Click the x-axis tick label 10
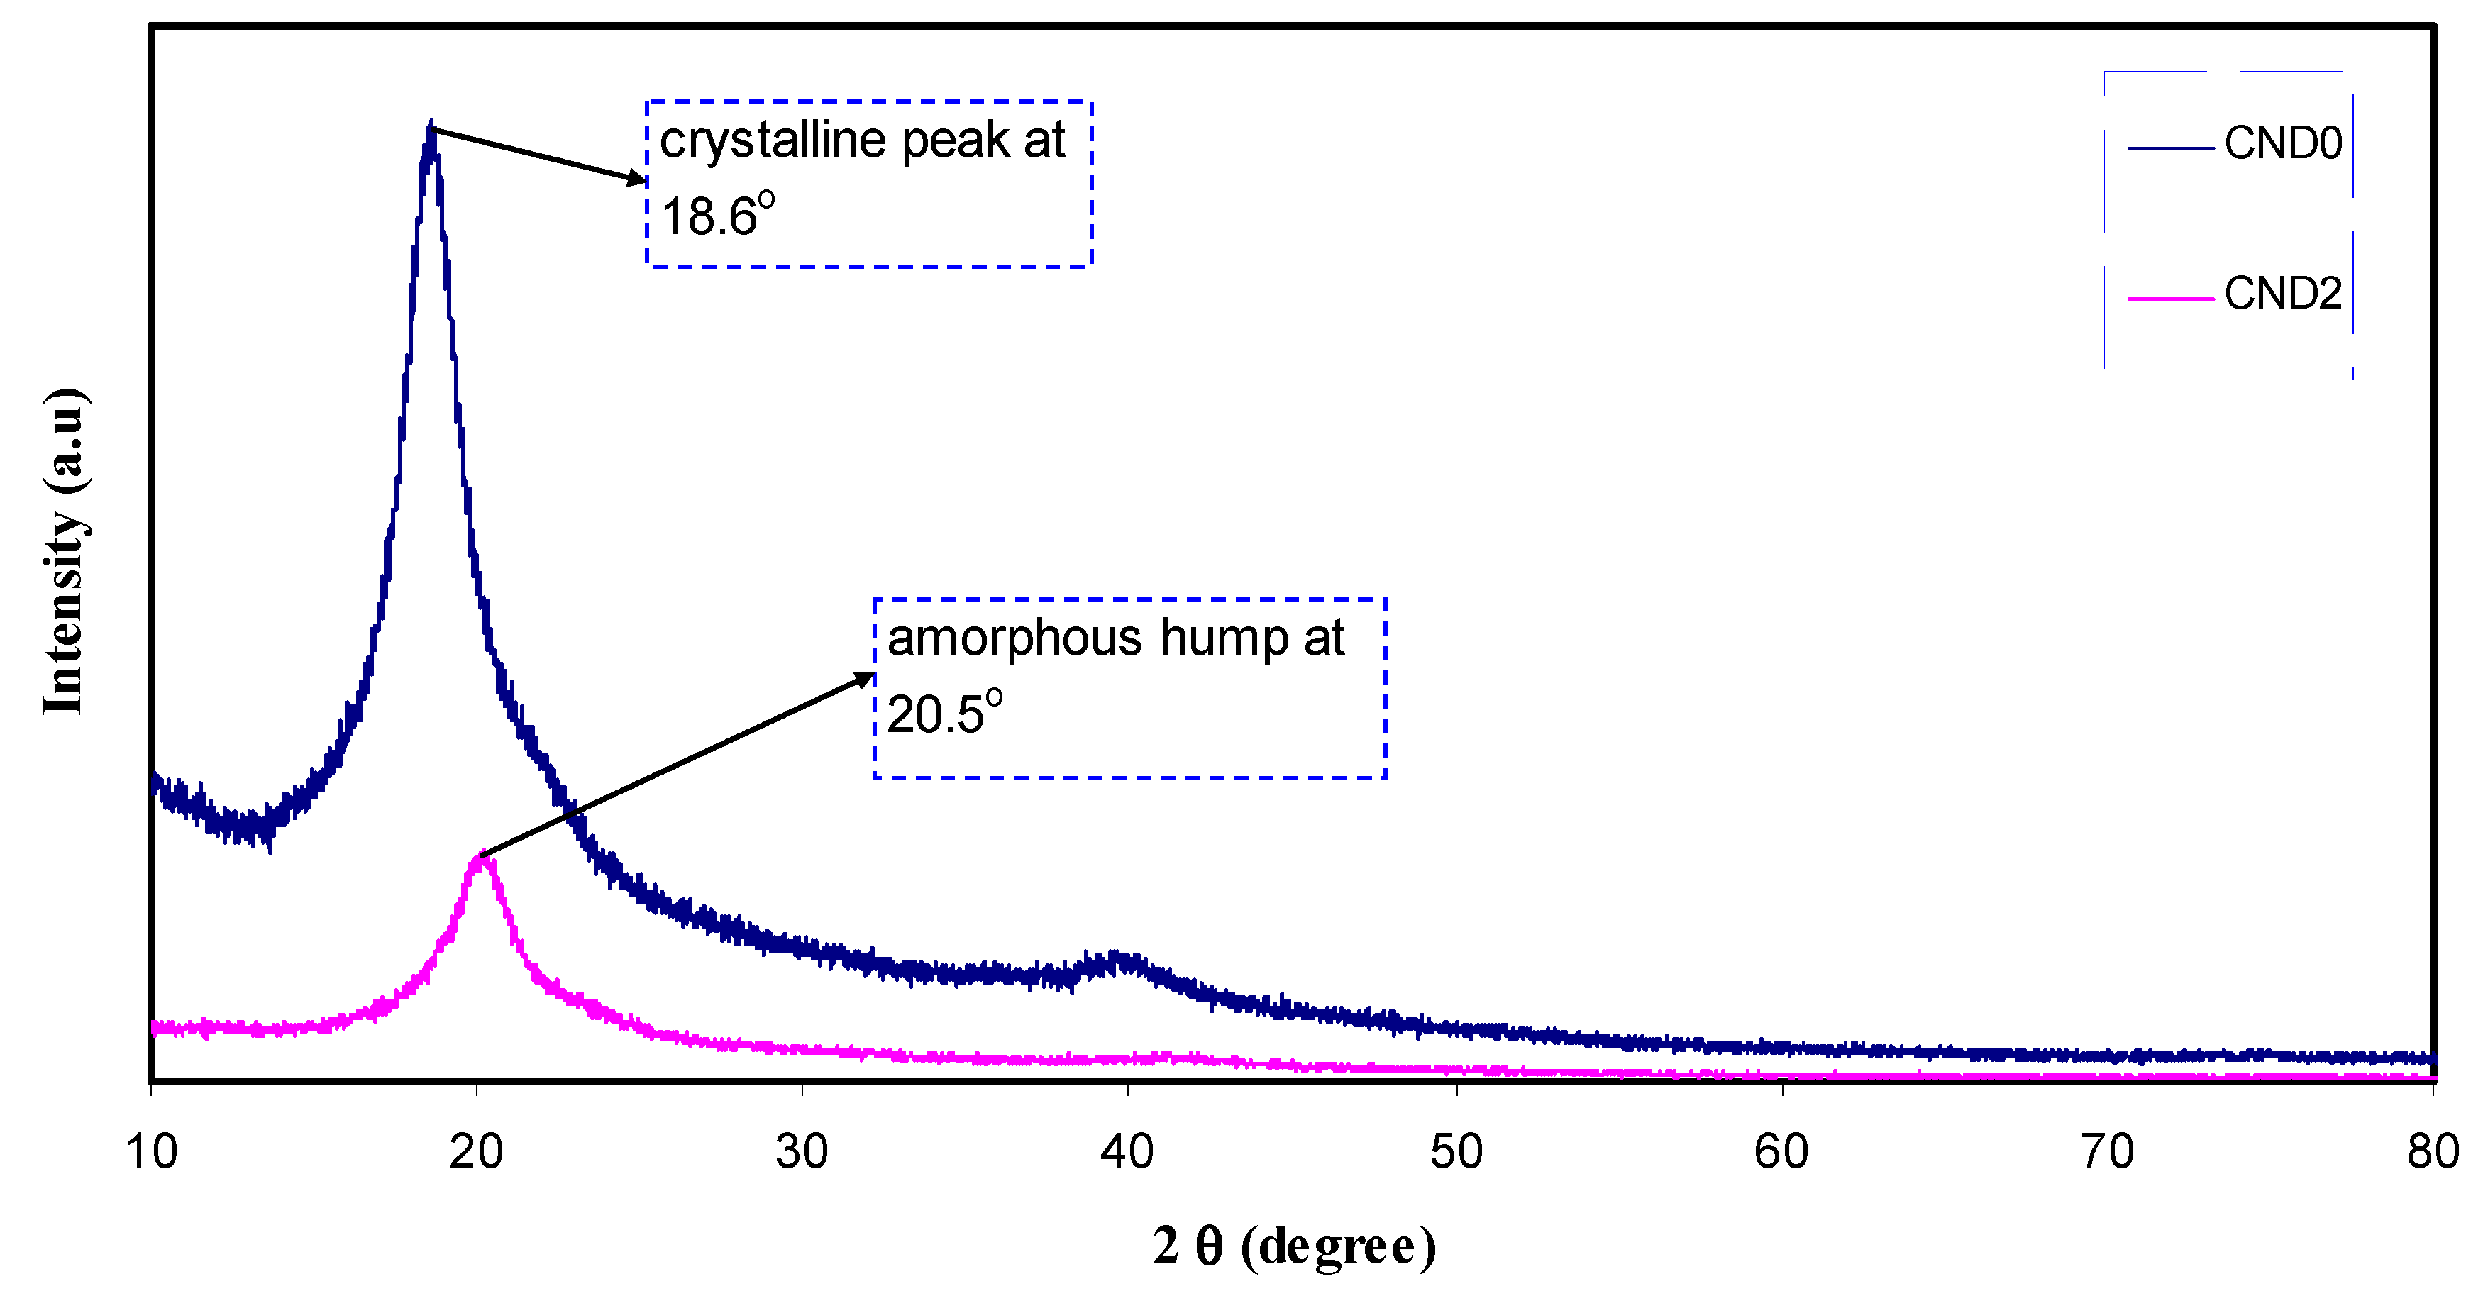coord(151,1151)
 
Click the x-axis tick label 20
coord(476,1151)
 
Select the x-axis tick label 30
coord(802,1151)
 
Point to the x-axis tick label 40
coord(1127,1151)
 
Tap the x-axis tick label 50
coord(1456,1151)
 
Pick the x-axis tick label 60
coord(1781,1151)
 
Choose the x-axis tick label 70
coord(2107,1151)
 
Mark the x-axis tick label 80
coord(2433,1151)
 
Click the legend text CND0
coord(2282,143)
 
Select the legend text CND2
coord(2282,294)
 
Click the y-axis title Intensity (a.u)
coord(65,551)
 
